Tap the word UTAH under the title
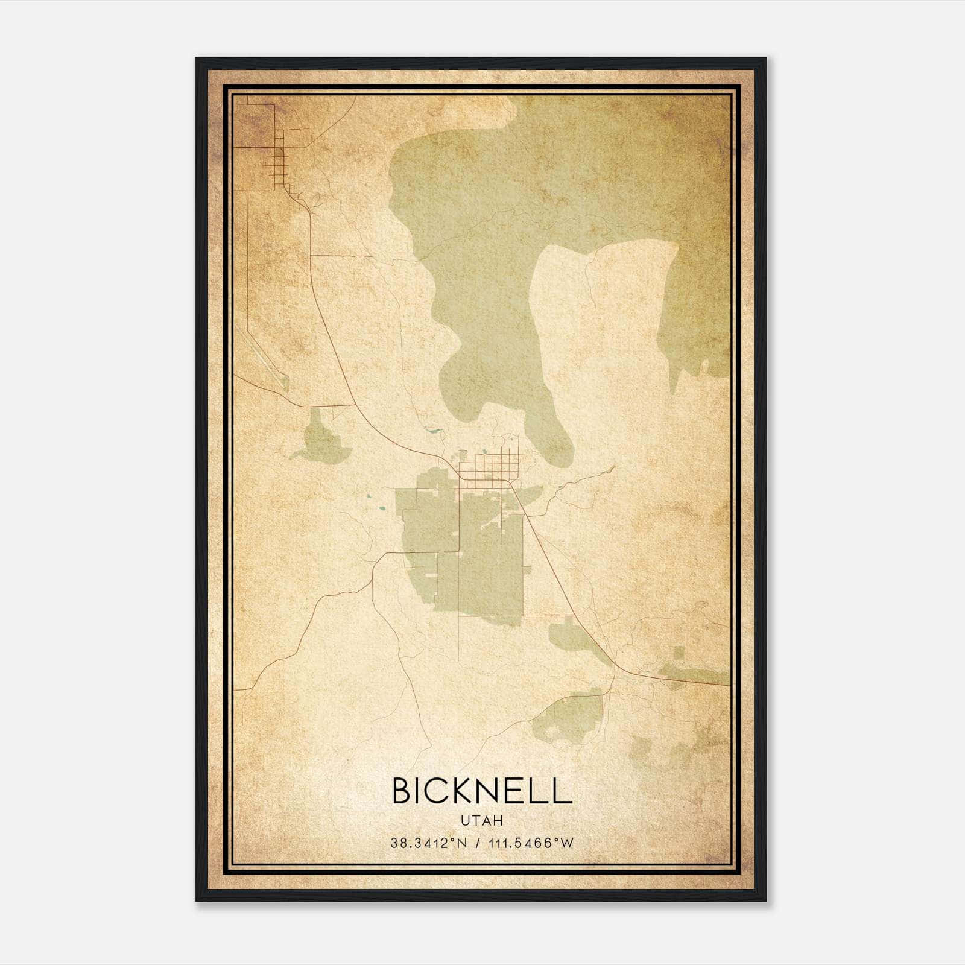coord(481,820)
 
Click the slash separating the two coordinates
coord(479,843)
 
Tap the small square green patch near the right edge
coord(679,653)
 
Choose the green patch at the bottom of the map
coord(570,718)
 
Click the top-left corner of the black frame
coord(197,59)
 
